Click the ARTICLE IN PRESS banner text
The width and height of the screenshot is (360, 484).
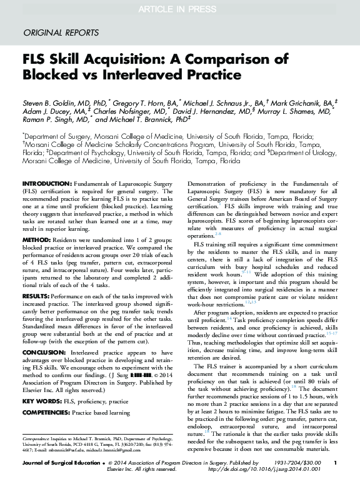coord(179,8)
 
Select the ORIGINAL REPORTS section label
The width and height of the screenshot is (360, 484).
coord(60,32)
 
